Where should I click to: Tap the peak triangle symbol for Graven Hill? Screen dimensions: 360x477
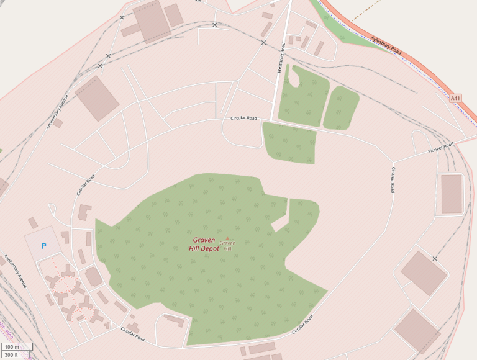[x=227, y=238]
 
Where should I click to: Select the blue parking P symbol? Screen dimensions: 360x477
[x=43, y=246]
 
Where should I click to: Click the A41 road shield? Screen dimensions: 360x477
[x=455, y=98]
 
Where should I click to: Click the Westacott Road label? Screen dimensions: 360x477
[x=281, y=58]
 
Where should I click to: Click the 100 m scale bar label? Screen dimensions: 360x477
[x=11, y=347]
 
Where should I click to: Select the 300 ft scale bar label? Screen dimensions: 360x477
[x=11, y=355]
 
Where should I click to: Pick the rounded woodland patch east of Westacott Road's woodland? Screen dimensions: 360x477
[x=341, y=107]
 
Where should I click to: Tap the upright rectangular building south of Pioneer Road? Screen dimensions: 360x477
[x=451, y=194]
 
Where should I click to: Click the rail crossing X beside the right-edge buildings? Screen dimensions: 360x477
[x=435, y=258]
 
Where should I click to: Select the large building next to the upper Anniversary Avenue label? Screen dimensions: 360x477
[x=97, y=98]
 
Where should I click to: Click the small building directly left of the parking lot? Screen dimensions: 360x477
[x=33, y=222]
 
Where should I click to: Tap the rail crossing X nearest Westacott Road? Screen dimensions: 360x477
[x=264, y=43]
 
